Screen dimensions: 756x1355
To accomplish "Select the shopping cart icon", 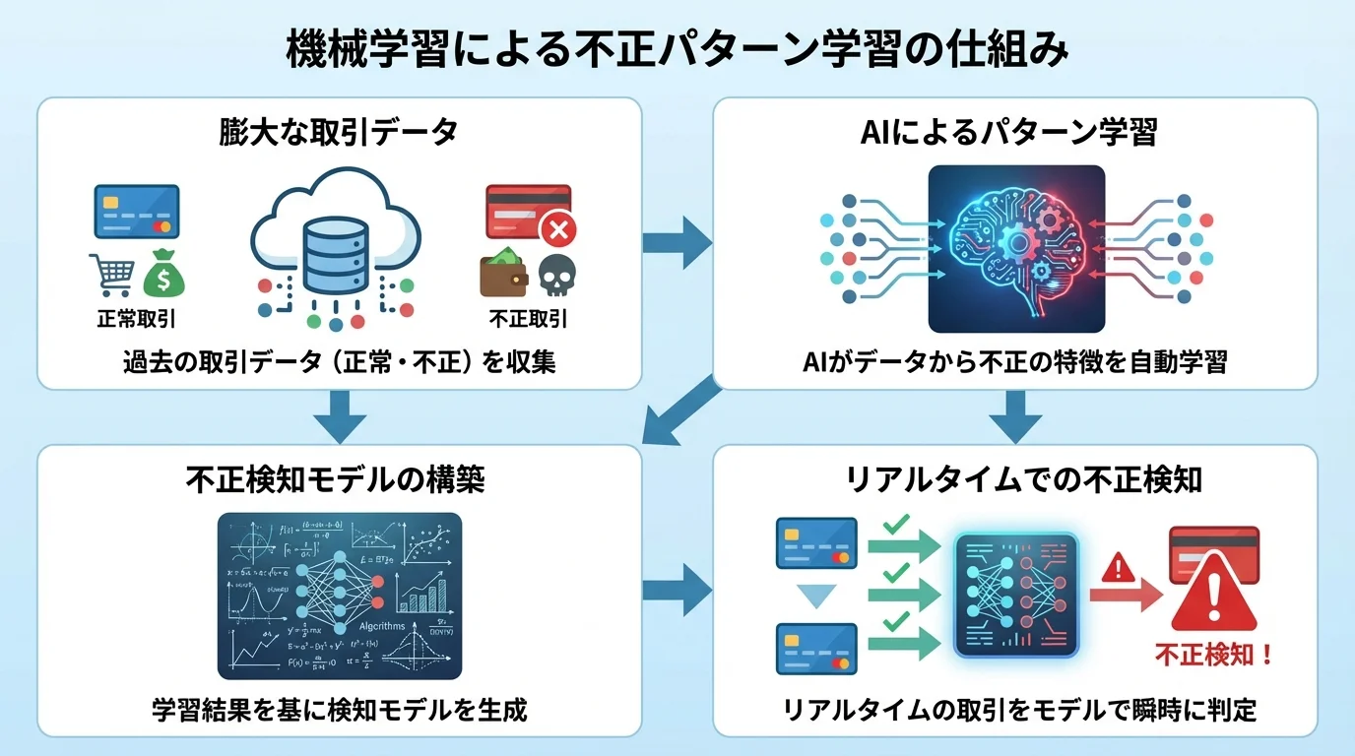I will tap(111, 274).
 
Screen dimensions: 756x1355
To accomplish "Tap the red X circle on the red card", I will tap(558, 231).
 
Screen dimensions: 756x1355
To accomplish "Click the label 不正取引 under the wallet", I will tap(528, 319).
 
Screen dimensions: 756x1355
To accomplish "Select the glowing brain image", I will tap(1015, 248).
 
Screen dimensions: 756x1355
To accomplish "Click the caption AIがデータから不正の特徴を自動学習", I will tap(1015, 362).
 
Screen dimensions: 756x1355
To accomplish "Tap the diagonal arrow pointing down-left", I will tap(681, 410).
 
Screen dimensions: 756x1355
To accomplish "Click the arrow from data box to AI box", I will tap(677, 237).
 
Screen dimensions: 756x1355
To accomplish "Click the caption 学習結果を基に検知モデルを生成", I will tap(340, 709).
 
